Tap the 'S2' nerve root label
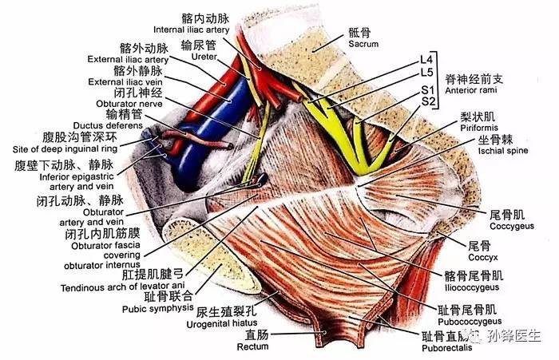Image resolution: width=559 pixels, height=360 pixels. pos(428,102)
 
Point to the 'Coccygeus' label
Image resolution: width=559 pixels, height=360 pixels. pos(508,225)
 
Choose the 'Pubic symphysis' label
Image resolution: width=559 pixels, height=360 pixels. pos(157,307)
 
